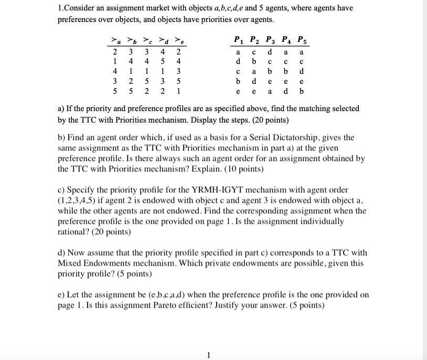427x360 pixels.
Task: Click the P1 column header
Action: (239, 40)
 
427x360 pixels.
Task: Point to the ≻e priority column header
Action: (179, 40)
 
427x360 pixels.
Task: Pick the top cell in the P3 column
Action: (270, 52)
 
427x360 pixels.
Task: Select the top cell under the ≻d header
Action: (163, 52)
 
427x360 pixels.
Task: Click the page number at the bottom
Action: (208, 355)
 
